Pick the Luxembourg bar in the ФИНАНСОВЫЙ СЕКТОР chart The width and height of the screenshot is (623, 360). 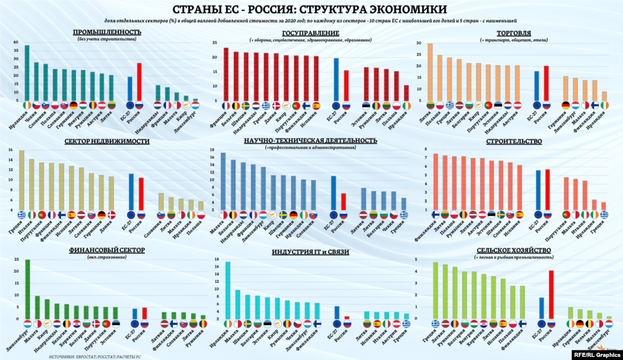pos(27,289)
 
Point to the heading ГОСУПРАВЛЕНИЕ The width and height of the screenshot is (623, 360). pos(311,32)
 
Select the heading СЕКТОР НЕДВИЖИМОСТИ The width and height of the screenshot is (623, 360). pos(107,141)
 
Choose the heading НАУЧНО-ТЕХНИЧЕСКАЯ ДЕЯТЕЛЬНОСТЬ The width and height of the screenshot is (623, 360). pos(310,140)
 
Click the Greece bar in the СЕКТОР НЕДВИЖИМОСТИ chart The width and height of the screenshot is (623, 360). pos(22,180)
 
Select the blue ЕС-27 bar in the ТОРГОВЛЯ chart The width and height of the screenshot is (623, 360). pos(537,86)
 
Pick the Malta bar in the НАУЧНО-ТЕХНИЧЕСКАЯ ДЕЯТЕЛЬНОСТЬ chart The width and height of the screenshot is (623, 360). pos(223,181)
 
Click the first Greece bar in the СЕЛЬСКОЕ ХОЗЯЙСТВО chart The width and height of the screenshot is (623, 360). pos(436,290)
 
